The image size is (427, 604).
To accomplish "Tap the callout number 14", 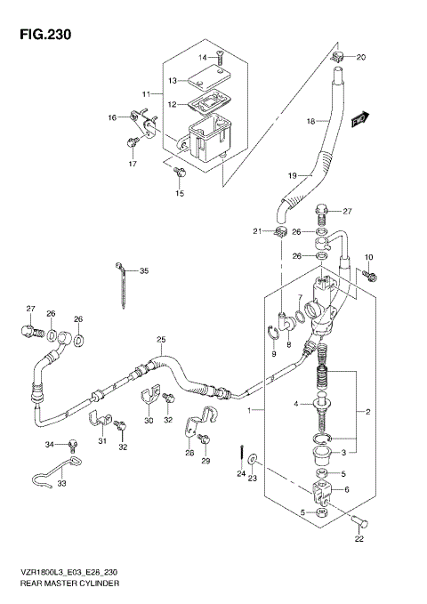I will click(202, 58).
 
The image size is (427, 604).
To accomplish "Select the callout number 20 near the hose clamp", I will click(361, 58).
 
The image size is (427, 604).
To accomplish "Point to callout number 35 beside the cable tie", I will click(144, 270).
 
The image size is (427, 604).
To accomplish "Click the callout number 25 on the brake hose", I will click(161, 340).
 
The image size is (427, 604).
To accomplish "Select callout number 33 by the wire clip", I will click(61, 485).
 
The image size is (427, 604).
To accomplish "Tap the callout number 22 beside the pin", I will click(360, 537).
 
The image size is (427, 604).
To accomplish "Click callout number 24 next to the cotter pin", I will click(240, 474).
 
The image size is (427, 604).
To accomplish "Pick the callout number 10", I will click(368, 256).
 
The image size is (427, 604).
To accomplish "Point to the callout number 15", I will click(179, 194).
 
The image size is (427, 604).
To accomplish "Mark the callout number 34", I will click(50, 445).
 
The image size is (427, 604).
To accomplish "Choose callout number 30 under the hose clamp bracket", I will click(149, 420).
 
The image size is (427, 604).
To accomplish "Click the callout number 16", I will click(112, 117).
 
